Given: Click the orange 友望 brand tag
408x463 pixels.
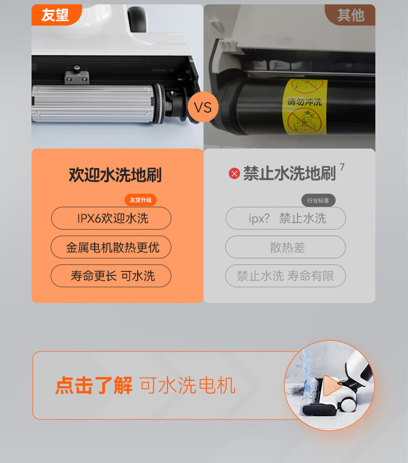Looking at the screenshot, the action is (56, 15).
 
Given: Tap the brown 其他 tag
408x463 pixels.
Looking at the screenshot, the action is (350, 15).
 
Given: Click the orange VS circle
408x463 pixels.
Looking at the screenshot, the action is (203, 107).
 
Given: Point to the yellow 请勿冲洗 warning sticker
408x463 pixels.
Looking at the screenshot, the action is (305, 106).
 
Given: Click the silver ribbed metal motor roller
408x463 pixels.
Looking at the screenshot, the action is (95, 103).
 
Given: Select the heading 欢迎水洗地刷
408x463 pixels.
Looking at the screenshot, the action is (115, 175).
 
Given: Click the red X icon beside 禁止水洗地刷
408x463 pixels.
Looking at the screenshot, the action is (234, 174).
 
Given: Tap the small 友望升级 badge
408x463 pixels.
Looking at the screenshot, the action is (140, 200).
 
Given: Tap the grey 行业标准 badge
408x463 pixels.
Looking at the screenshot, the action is (318, 201).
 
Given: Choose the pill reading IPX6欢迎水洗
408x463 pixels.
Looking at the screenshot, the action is (111, 218).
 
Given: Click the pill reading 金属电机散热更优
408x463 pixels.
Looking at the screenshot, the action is (111, 247).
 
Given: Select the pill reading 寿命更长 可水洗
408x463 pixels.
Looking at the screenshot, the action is (111, 276).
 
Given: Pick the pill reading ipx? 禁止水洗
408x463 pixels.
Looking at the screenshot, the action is (286, 218).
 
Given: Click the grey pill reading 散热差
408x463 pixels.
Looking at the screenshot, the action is (286, 247).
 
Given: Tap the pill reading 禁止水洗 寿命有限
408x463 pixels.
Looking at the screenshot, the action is (286, 276).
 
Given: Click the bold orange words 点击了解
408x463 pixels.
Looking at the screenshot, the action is (94, 385).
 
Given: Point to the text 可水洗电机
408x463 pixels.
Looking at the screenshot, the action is (188, 385).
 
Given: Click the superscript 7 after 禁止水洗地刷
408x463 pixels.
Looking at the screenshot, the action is (342, 167).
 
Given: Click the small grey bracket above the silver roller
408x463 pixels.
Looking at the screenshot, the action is (77, 75).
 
